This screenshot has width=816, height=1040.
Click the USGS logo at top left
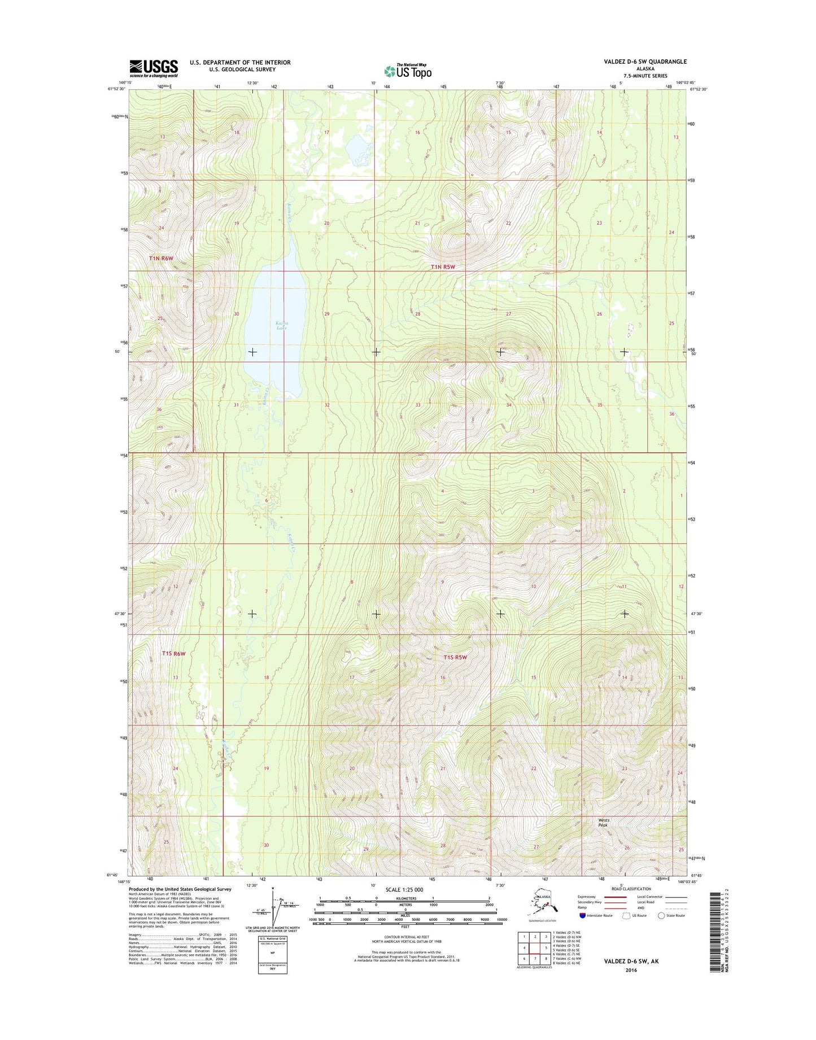pyautogui.click(x=154, y=68)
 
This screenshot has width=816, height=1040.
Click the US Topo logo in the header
pyautogui.click(x=408, y=71)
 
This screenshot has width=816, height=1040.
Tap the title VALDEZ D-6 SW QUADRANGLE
pyautogui.click(x=645, y=62)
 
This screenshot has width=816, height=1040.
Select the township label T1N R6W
pyautogui.click(x=161, y=258)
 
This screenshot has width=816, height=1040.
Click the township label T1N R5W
pyautogui.click(x=443, y=267)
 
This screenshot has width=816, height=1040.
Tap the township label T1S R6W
pyautogui.click(x=173, y=653)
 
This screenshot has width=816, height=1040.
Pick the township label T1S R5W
pyautogui.click(x=455, y=657)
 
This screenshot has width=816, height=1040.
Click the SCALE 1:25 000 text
pyautogui.click(x=404, y=890)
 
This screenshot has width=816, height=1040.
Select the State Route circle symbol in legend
pyautogui.click(x=661, y=915)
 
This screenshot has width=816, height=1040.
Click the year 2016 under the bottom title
pyautogui.click(x=631, y=970)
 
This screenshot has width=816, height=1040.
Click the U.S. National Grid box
pyautogui.click(x=272, y=954)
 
